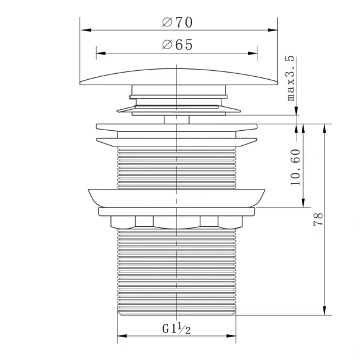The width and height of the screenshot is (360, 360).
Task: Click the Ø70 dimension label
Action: pyautogui.click(x=177, y=23)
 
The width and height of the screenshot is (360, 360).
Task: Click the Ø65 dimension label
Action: pyautogui.click(x=177, y=44)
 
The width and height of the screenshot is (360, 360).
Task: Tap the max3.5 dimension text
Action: pyautogui.click(x=290, y=78)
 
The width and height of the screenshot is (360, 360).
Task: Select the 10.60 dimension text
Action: pyautogui.click(x=295, y=167)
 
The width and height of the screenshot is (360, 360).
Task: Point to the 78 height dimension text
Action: pyautogui.click(x=318, y=220)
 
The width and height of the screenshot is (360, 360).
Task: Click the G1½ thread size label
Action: pyautogui.click(x=176, y=328)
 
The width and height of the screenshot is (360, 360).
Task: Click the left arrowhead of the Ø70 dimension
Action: pyautogui.click(x=86, y=30)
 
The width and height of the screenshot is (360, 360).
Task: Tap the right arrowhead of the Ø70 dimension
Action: pyautogui.click(x=272, y=30)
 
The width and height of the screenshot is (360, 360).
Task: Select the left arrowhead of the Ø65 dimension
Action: pyautogui.click(x=101, y=53)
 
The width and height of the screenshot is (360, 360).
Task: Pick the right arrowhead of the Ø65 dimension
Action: pyautogui.click(x=253, y=53)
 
